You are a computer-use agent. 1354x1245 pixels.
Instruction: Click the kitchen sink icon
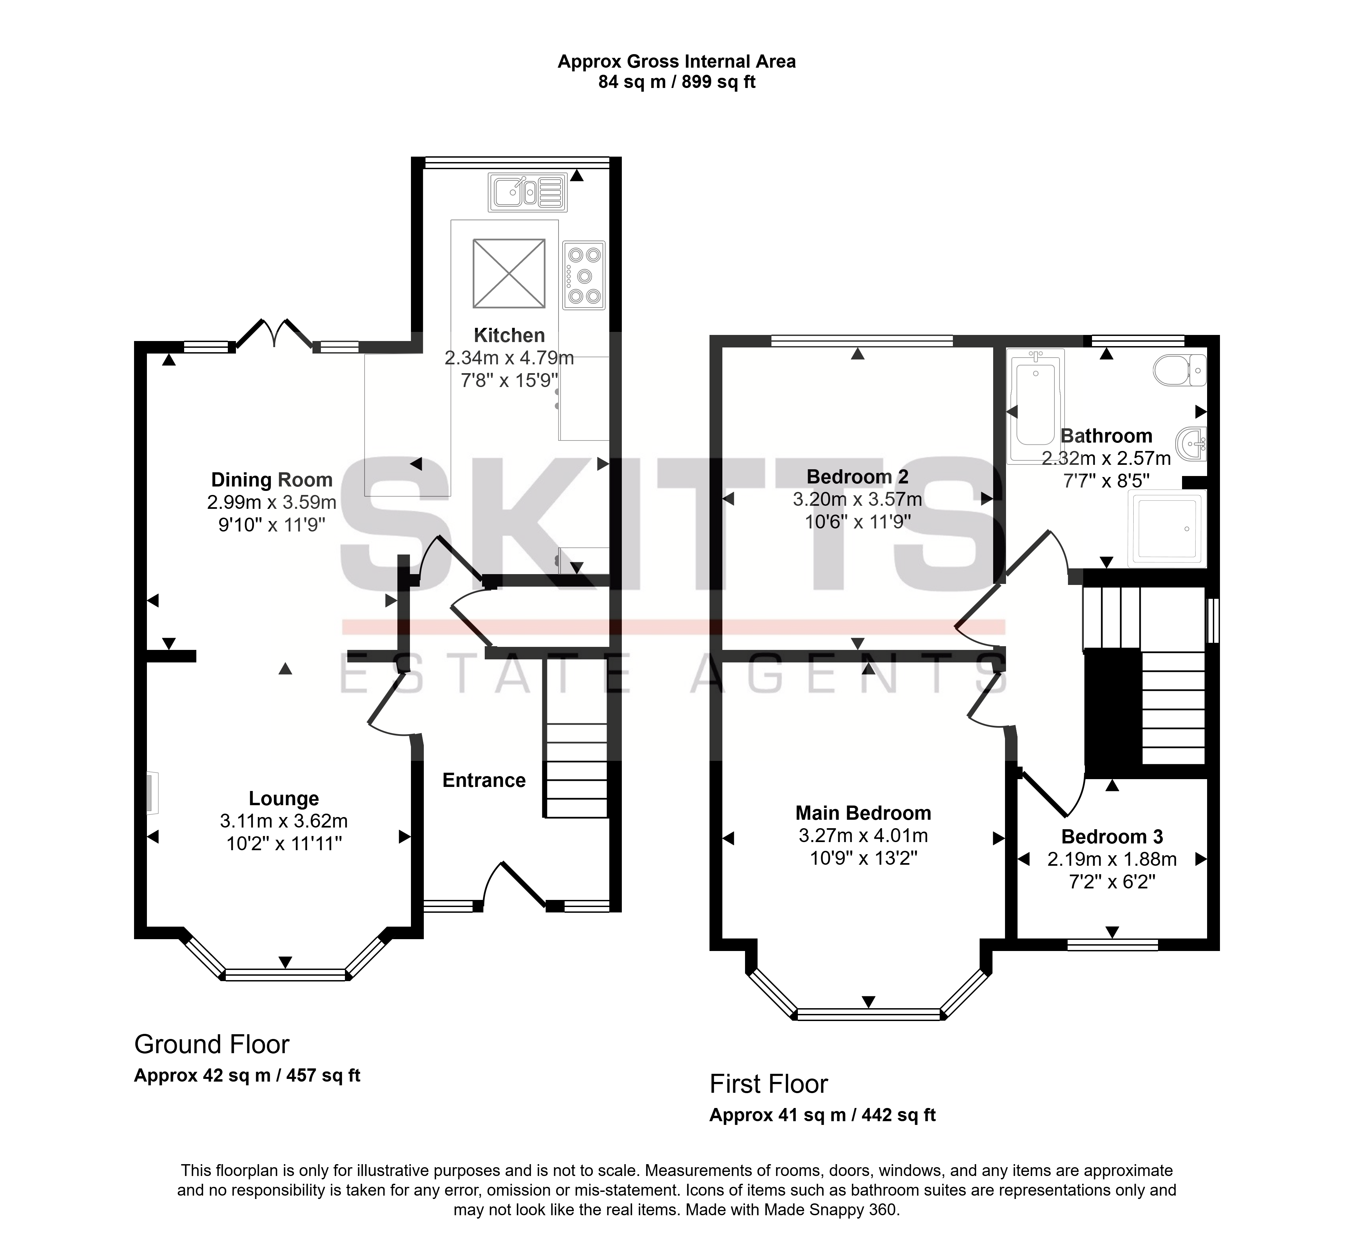(x=528, y=193)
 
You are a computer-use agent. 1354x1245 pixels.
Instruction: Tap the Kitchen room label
(x=509, y=335)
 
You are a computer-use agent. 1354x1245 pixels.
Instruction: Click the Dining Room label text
(x=271, y=480)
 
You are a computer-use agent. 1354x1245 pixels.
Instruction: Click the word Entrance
(x=484, y=780)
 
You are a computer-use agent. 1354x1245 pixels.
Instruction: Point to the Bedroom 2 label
(x=857, y=477)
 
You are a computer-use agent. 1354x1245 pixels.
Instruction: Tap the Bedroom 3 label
(x=1112, y=837)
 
